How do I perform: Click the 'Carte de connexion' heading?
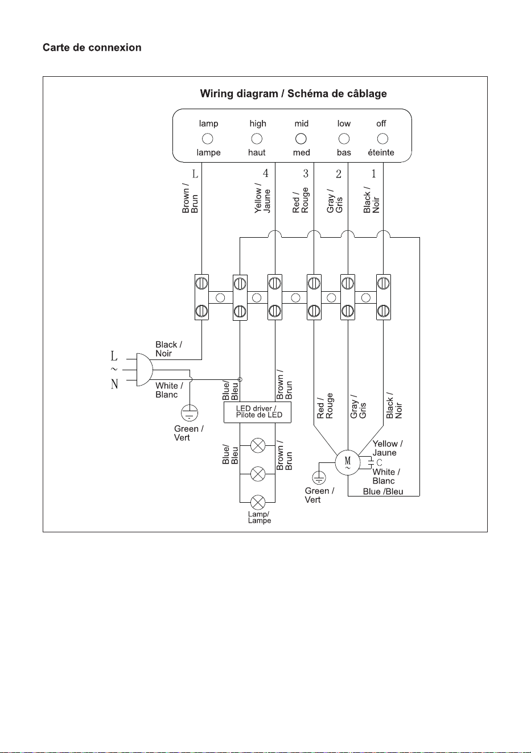coord(92,47)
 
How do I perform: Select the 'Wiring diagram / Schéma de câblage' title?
coord(294,93)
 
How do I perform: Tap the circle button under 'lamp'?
coord(208,139)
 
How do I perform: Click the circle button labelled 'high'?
coord(257,139)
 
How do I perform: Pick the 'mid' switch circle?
coord(301,139)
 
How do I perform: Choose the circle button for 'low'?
coord(344,139)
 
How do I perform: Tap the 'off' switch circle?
coord(382,139)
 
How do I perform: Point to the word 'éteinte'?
coord(381,152)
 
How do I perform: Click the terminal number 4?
coord(265,173)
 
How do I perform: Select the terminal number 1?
coord(373,173)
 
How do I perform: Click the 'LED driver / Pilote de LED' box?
coord(257,412)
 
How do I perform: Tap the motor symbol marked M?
coord(348,462)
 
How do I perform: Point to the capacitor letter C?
coord(379,462)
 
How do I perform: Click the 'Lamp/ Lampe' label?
coord(260,518)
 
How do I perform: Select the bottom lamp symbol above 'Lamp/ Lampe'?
coord(258,502)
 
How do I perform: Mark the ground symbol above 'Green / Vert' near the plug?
coord(190,413)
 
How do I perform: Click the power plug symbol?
coord(145,370)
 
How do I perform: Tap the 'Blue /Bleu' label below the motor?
coord(383,491)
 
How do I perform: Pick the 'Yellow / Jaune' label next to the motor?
coord(388,448)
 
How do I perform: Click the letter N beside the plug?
coord(114,384)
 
